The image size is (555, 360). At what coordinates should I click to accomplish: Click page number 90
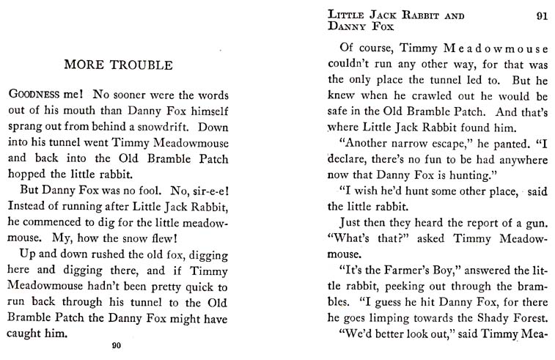[116, 346]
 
